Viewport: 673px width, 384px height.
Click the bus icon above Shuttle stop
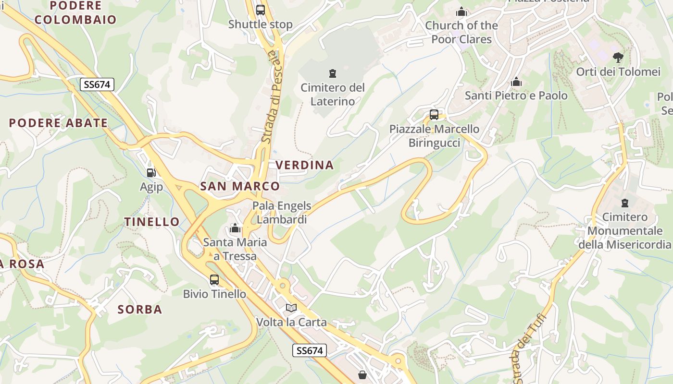click(261, 10)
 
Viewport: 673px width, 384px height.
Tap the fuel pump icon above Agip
click(151, 172)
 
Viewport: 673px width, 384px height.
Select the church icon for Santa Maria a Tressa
click(235, 228)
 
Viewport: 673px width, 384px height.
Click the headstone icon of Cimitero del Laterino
click(332, 73)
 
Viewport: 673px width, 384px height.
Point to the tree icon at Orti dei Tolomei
click(618, 58)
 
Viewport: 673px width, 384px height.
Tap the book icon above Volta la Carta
click(291, 308)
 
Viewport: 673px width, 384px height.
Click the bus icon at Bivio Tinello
click(214, 279)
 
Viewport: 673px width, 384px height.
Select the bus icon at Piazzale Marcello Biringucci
click(434, 115)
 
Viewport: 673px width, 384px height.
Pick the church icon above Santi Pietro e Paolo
click(516, 82)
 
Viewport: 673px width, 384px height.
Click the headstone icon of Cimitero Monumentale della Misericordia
click(625, 203)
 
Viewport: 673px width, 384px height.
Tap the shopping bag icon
click(362, 374)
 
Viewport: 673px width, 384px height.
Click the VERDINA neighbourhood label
click(304, 165)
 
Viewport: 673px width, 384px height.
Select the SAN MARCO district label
click(240, 186)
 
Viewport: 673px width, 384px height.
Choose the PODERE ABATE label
click(58, 123)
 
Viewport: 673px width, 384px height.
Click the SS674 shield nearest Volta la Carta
click(310, 350)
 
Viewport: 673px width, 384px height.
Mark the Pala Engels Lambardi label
click(282, 213)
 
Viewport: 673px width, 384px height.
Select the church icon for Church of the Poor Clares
click(461, 12)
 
